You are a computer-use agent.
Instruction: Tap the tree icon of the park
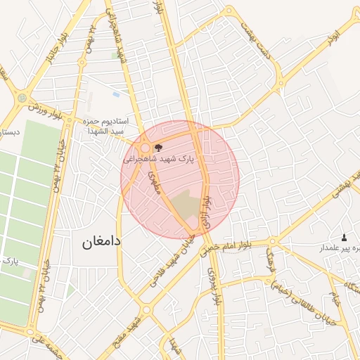pyautogui.click(x=157, y=148)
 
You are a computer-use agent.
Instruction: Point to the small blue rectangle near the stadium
pyautogui.click(x=116, y=94)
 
